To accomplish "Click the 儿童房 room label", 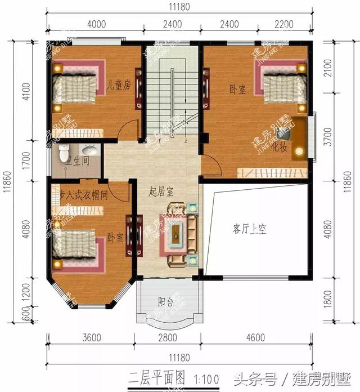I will pyautogui.click(x=120, y=86).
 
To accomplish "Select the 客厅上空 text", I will pyautogui.click(x=249, y=229).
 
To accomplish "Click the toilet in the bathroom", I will pyautogui.click(x=64, y=152).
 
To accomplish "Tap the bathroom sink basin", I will pyautogui.click(x=89, y=150).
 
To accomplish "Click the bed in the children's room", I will pyautogui.click(x=76, y=88).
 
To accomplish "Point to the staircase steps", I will pyautogui.click(x=171, y=84).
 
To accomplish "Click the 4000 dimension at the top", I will pyautogui.click(x=96, y=24).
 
